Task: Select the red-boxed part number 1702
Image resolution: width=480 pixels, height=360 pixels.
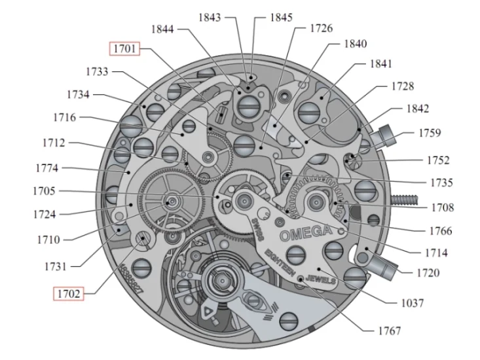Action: point(67,294)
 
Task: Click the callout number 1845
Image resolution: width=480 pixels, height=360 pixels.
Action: point(281,17)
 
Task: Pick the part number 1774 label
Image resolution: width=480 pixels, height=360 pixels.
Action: point(46,168)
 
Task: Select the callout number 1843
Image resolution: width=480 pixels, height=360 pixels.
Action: point(212,17)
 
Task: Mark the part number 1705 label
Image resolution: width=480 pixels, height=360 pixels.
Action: point(43,191)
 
